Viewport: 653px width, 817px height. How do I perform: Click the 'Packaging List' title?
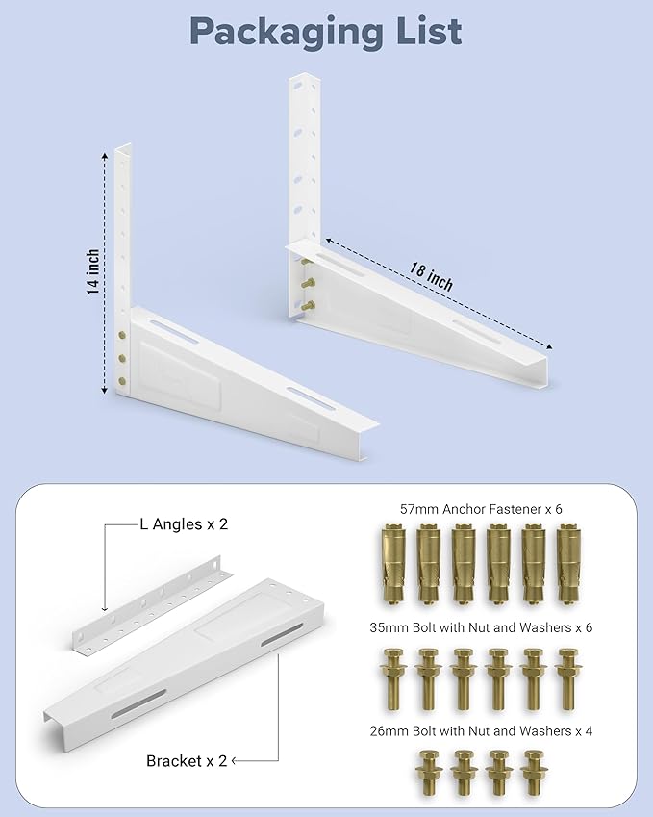326,32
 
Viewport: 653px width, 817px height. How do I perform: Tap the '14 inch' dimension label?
93,272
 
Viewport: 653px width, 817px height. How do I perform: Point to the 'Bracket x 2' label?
187,760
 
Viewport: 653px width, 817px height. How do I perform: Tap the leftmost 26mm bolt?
425,771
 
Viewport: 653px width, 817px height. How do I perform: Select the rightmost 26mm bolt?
532,771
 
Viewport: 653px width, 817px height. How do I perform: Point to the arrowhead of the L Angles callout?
104,608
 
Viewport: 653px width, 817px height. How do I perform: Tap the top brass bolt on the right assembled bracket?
307,260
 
